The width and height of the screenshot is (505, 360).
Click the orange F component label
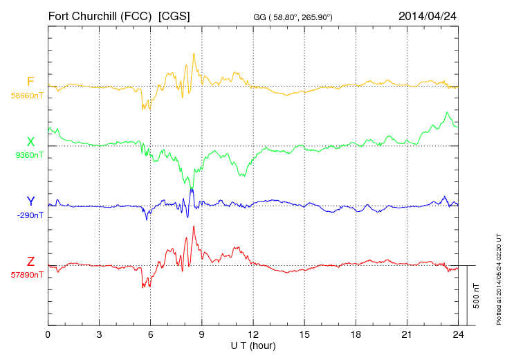tap(30, 82)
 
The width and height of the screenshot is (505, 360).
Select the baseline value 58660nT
tap(27, 96)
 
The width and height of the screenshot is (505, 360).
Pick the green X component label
tap(30, 142)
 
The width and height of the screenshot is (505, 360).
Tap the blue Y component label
tap(30, 201)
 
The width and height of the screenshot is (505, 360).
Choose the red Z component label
tap(30, 261)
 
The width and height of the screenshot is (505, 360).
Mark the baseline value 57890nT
tap(27, 275)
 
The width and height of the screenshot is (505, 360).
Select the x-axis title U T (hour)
tap(253, 345)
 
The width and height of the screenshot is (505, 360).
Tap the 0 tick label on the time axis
tap(48, 334)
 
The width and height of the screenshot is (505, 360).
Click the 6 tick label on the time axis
tap(151, 334)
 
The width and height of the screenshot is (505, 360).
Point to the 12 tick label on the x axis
tap(253, 334)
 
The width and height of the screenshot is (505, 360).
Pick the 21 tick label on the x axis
tap(407, 334)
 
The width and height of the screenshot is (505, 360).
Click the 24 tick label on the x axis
tap(458, 334)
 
